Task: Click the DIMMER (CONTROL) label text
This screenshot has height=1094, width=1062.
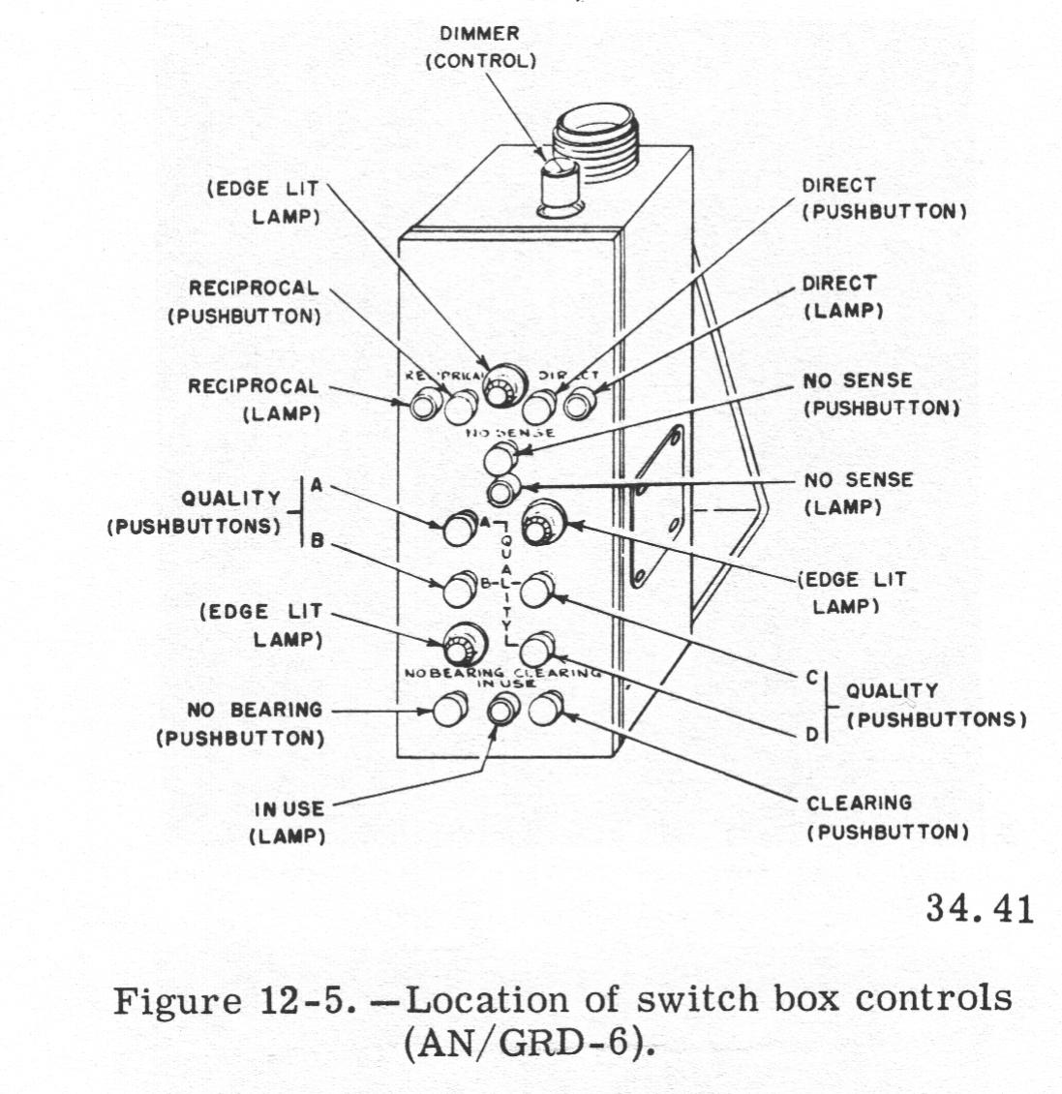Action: (479, 47)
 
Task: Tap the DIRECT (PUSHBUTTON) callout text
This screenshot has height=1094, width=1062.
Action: (884, 198)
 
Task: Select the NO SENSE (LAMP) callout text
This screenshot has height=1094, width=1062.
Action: (858, 493)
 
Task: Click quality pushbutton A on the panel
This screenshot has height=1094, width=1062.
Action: (456, 530)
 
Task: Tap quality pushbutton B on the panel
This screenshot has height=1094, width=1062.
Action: (455, 586)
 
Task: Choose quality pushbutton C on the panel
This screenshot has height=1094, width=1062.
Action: (535, 588)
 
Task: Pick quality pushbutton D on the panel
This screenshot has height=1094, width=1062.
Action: (534, 647)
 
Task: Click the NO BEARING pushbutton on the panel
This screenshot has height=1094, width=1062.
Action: (446, 710)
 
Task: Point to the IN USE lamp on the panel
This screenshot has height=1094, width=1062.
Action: (501, 712)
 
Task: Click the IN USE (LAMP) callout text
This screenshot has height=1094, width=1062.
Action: (288, 822)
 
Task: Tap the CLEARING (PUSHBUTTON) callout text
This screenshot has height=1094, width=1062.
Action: (887, 817)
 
